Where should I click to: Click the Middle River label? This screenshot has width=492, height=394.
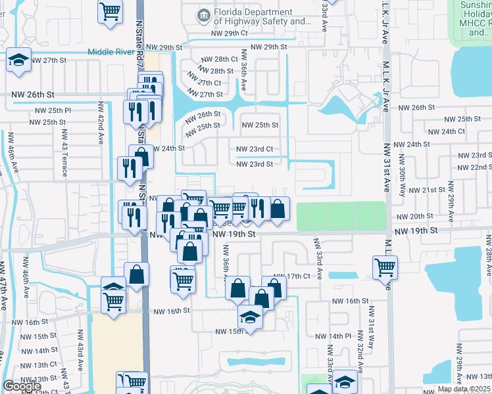(x=116, y=51)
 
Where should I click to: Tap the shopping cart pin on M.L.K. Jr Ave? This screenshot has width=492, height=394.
(x=385, y=267)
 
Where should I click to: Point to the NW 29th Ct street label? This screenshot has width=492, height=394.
(x=229, y=33)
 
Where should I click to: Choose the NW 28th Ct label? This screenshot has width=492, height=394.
(x=216, y=60)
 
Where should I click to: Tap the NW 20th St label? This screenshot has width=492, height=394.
(x=412, y=217)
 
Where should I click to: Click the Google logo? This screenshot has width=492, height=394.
(x=22, y=386)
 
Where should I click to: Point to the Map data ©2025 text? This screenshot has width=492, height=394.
(x=464, y=389)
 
